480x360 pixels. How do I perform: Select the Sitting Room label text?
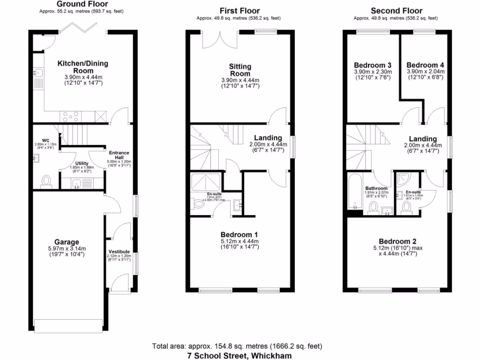pyautogui.click(x=240, y=70)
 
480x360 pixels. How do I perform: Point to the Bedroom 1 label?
pyautogui.click(x=240, y=234)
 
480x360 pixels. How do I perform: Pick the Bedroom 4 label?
pyautogui.click(x=425, y=65)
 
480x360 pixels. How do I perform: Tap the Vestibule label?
pyautogui.click(x=119, y=252)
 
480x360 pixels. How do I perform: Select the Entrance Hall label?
pyautogui.click(x=119, y=155)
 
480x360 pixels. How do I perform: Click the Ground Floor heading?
pyautogui.click(x=82, y=4)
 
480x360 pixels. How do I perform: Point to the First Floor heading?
pyautogui.click(x=240, y=10)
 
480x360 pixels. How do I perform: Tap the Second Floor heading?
pyautogui.click(x=396, y=10)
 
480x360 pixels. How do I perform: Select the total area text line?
pyautogui.click(x=237, y=346)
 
